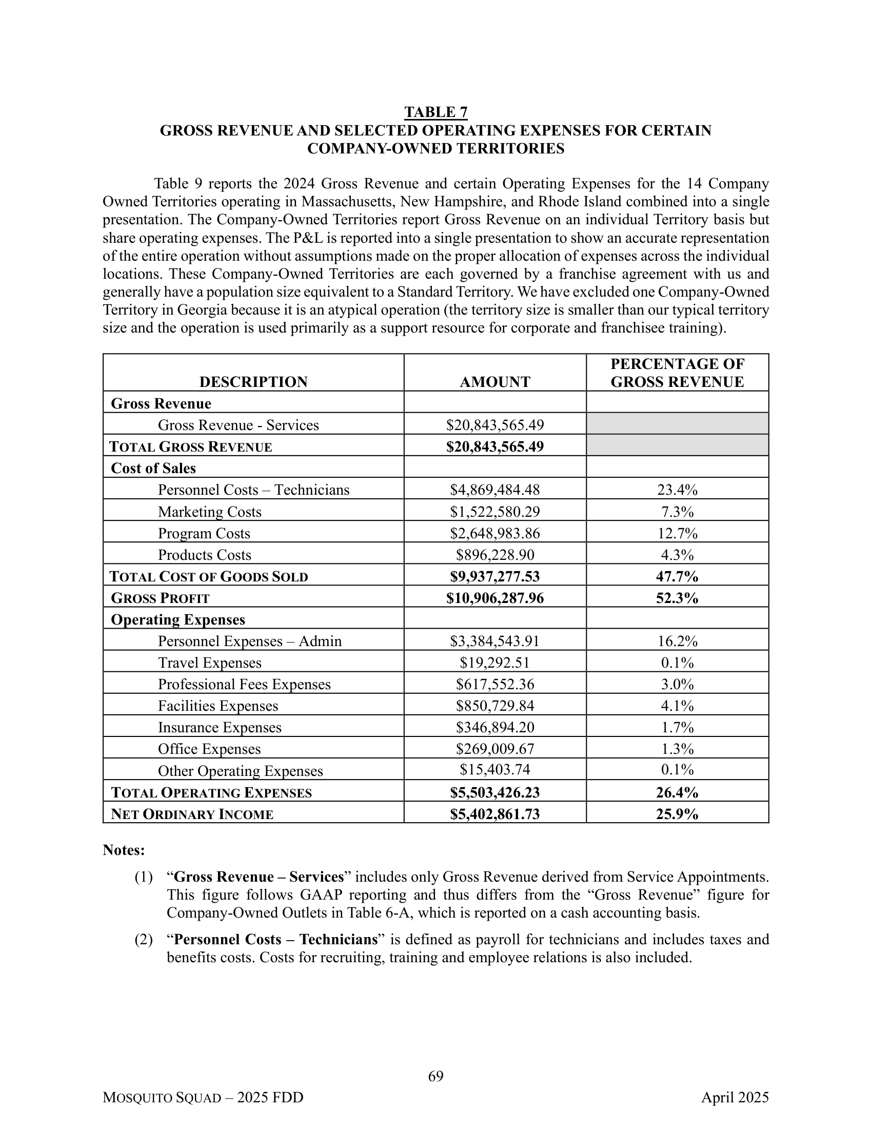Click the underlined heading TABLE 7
pyautogui.click(x=435, y=112)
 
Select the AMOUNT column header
pyautogui.click(x=495, y=382)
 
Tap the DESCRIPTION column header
pyautogui.click(x=253, y=382)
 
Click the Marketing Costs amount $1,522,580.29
pyautogui.click(x=495, y=512)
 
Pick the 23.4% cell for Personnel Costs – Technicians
pyautogui.click(x=677, y=490)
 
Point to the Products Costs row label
pyautogui.click(x=205, y=555)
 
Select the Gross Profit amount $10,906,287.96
pyautogui.click(x=495, y=598)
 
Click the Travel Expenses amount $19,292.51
pyautogui.click(x=495, y=663)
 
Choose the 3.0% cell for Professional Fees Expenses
pyautogui.click(x=677, y=685)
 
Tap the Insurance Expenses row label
pyautogui.click(x=220, y=727)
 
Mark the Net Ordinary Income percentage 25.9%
pyautogui.click(x=677, y=814)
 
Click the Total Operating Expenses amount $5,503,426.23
pyautogui.click(x=495, y=792)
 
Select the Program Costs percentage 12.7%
pyautogui.click(x=677, y=533)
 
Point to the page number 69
pyautogui.click(x=435, y=1076)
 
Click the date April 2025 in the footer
pyautogui.click(x=735, y=1098)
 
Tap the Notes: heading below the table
pyautogui.click(x=124, y=850)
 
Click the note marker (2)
pyautogui.click(x=144, y=939)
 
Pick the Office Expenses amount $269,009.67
pyautogui.click(x=495, y=749)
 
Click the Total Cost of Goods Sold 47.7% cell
pyautogui.click(x=677, y=576)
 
